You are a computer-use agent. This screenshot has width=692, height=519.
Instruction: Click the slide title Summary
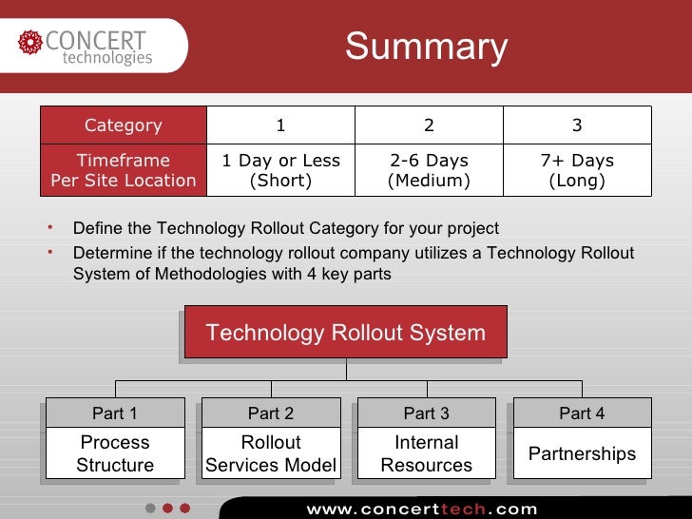[x=426, y=47]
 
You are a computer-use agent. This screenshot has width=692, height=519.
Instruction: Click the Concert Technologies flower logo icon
[x=30, y=43]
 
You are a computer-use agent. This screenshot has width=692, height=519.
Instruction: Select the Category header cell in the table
[x=124, y=125]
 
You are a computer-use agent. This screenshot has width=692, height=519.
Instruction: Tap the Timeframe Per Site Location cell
[x=124, y=171]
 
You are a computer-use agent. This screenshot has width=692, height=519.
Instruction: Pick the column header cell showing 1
[x=280, y=125]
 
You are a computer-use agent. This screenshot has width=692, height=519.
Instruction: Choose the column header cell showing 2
[x=429, y=125]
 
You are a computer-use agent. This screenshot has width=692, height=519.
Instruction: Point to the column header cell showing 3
[x=577, y=125]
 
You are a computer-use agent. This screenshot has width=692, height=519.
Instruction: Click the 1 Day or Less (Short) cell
[x=280, y=171]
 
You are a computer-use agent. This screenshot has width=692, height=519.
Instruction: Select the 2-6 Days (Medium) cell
[x=429, y=171]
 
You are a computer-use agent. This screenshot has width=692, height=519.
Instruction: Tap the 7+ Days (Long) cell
[x=577, y=171]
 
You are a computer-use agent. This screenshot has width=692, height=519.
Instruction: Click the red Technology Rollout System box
[x=346, y=333]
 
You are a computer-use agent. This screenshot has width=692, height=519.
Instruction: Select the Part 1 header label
[x=115, y=413]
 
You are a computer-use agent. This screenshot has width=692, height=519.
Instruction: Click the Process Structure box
[x=115, y=453]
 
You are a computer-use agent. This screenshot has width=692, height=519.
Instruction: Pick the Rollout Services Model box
[x=271, y=453]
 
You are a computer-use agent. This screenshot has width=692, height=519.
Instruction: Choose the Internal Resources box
[x=427, y=453]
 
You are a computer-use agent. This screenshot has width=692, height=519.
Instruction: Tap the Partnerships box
[x=582, y=453]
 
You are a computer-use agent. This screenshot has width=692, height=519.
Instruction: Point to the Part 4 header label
[x=582, y=413]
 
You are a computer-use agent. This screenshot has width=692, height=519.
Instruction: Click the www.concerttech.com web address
[x=422, y=509]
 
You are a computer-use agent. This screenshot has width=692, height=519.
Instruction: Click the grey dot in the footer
[x=150, y=509]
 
